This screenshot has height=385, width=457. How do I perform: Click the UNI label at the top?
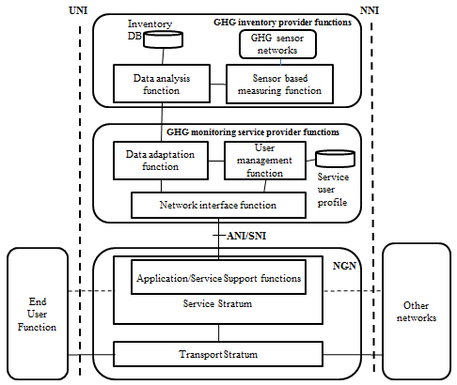[78, 10]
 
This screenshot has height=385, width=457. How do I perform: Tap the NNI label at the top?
[370, 10]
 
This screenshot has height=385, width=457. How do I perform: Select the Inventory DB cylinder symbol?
[163, 39]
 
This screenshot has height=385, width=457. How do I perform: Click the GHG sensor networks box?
[277, 44]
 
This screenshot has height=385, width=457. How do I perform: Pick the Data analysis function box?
[162, 84]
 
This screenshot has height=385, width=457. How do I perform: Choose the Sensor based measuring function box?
[279, 84]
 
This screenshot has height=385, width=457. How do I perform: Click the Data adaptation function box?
[161, 161]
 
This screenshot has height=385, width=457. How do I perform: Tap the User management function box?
[265, 161]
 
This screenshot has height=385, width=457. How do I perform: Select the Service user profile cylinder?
[336, 159]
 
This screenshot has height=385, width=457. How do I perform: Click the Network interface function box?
[218, 205]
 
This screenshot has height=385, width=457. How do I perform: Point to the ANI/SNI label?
[246, 236]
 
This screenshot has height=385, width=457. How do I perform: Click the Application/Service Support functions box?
[218, 277]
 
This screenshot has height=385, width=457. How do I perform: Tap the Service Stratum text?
[217, 303]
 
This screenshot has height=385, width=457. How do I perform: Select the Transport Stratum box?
[218, 354]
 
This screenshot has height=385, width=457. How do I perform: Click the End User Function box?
[38, 314]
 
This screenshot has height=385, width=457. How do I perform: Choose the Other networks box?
[417, 312]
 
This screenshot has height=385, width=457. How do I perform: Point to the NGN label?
[344, 266]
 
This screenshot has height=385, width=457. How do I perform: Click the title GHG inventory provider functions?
[282, 23]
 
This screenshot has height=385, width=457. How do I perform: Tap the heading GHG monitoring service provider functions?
[253, 132]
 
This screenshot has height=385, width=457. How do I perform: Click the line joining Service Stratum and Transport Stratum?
[218, 332]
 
